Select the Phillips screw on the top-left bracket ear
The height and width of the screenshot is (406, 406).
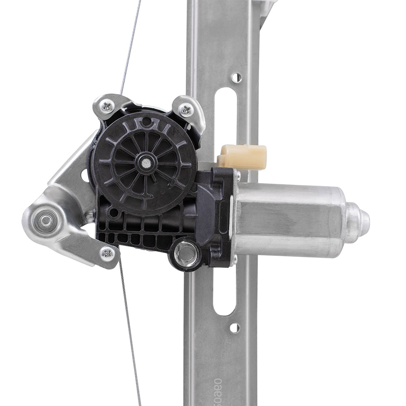(107, 106)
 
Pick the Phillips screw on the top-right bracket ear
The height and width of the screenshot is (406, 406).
(186, 109)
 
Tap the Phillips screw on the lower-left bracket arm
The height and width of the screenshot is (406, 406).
(107, 253)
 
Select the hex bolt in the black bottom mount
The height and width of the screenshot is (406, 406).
(186, 254)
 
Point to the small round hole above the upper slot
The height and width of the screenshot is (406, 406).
(236, 77)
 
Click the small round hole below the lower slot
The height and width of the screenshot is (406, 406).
(234, 327)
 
